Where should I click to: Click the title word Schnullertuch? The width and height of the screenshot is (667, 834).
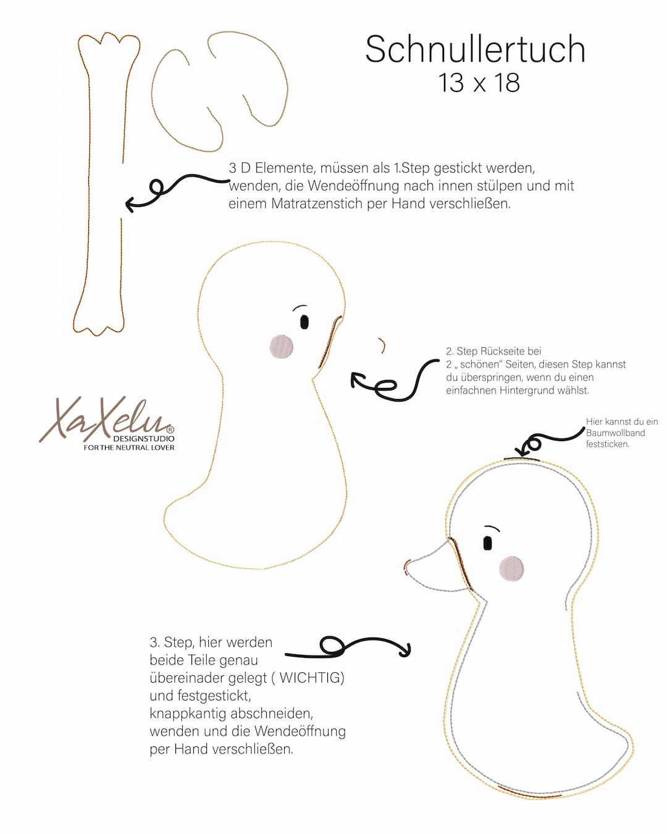coord(475,49)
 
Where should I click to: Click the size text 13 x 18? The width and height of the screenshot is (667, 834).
coord(479,83)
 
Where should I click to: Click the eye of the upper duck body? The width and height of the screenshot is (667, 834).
coord(304,322)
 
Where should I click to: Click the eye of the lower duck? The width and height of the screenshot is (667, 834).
coord(488,543)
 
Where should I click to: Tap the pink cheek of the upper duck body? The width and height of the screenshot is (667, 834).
coord(282,346)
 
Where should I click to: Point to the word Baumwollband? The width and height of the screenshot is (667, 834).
coord(616,433)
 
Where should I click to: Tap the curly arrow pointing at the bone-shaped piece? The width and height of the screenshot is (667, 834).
coord(177,192)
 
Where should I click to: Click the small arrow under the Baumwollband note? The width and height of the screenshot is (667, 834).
coord(550,442)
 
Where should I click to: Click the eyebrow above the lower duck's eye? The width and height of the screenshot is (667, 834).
coord(492,528)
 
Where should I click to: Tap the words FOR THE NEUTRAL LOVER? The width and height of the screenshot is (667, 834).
coord(129,448)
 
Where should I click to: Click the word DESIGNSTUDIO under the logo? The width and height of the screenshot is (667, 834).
coord(144,439)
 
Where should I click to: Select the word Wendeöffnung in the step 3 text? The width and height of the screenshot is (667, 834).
coord(300,731)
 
